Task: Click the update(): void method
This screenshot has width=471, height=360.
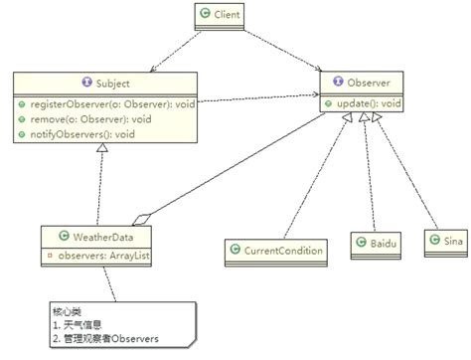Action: point(367,103)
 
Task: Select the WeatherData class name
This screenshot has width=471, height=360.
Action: point(101,238)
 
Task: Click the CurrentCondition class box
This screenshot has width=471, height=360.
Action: point(275,250)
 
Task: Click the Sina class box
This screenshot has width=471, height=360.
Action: point(442,242)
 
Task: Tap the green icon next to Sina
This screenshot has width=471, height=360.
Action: point(432,242)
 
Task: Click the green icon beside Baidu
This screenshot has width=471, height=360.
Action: point(360,242)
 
